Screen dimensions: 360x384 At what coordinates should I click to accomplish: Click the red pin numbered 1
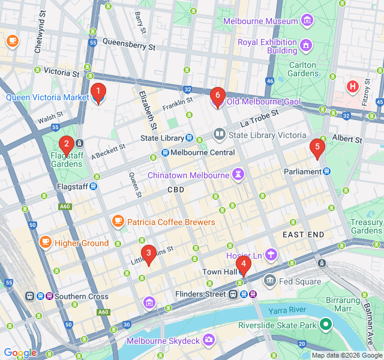[x=98, y=92]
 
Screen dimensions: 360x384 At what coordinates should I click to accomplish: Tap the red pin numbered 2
[x=66, y=144]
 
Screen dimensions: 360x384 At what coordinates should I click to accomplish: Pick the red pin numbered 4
[x=243, y=263]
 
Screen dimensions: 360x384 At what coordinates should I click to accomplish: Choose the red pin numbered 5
[x=317, y=147]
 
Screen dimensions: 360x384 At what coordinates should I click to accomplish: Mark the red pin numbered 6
[x=217, y=95]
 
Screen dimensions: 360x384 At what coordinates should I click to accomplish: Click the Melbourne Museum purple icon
[x=307, y=21]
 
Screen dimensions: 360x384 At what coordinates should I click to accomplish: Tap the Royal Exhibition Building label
[x=267, y=46]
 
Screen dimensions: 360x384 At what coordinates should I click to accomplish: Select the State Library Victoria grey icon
[x=219, y=134]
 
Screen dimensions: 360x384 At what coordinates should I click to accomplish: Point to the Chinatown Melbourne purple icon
[x=239, y=175]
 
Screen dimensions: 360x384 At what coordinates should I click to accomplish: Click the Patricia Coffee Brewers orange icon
[x=118, y=222]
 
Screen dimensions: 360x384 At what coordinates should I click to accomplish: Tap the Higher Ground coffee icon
[x=45, y=242]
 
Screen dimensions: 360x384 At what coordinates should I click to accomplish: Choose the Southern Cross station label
[x=81, y=296]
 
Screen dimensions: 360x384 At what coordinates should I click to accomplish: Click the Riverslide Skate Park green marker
[x=326, y=325]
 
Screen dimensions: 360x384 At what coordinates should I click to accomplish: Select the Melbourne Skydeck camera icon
[x=209, y=340]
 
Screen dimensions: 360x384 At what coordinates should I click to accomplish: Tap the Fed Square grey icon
[x=270, y=281]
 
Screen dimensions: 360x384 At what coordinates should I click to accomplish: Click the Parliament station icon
[x=326, y=172]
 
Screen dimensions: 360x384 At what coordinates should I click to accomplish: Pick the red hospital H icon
[x=353, y=86]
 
